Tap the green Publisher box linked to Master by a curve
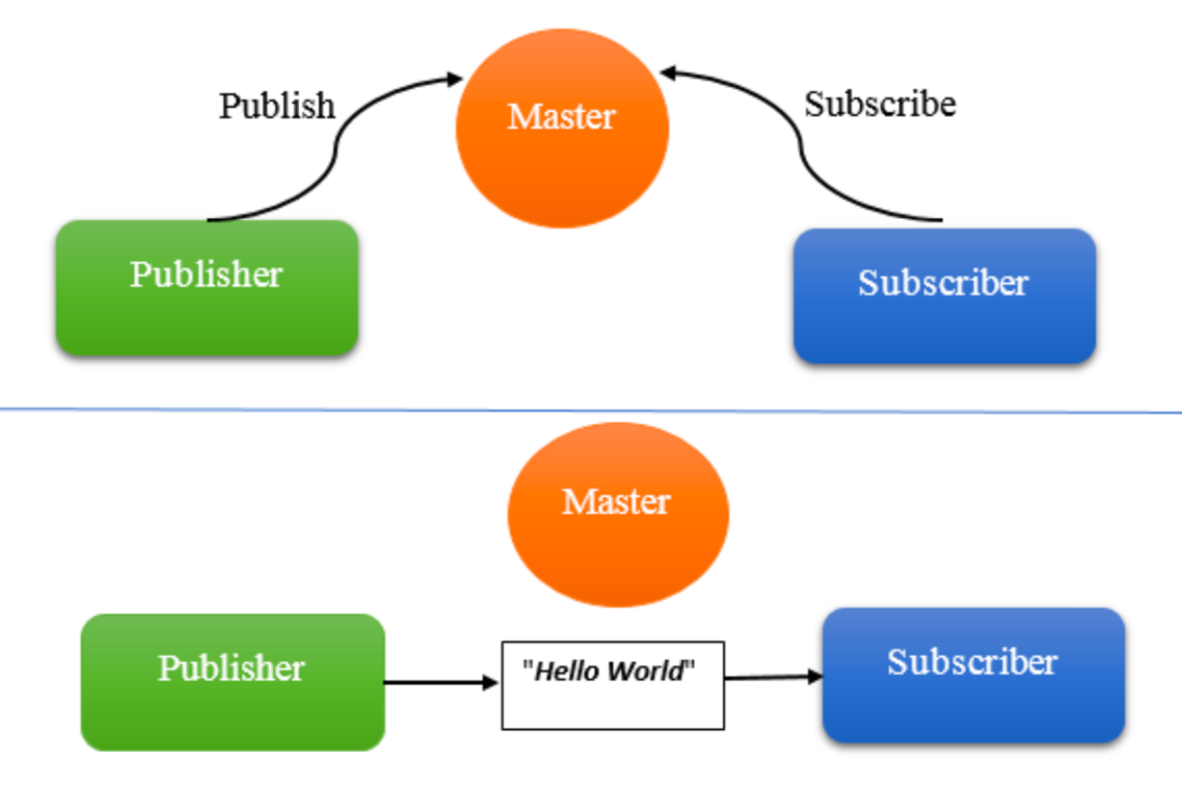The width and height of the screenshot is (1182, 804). click(x=206, y=287)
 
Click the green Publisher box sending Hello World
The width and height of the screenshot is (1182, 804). click(x=231, y=681)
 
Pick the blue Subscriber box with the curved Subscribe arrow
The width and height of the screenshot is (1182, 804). click(x=944, y=295)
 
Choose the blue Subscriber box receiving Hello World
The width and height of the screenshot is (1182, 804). click(x=973, y=674)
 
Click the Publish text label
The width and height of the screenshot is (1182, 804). click(x=277, y=105)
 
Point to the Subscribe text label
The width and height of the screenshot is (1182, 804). click(x=880, y=104)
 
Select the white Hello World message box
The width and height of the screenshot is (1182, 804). click(x=612, y=685)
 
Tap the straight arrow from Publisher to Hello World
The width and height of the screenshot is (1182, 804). click(x=439, y=682)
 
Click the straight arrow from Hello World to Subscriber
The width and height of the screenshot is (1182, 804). click(x=772, y=677)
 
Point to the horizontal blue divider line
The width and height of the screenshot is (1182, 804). click(x=591, y=409)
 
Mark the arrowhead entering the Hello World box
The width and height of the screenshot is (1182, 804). click(x=490, y=682)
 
